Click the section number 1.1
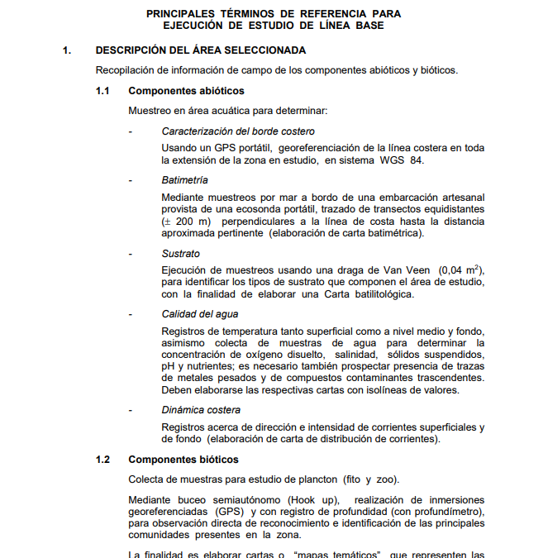(102, 91)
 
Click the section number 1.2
(102, 460)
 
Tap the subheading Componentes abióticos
(186, 91)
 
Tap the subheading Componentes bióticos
(183, 460)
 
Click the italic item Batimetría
(185, 180)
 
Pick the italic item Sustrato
(181, 254)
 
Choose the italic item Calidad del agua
(200, 315)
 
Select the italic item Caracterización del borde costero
(238, 131)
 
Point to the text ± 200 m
(187, 222)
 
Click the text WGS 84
(400, 160)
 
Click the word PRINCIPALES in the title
(179, 14)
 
